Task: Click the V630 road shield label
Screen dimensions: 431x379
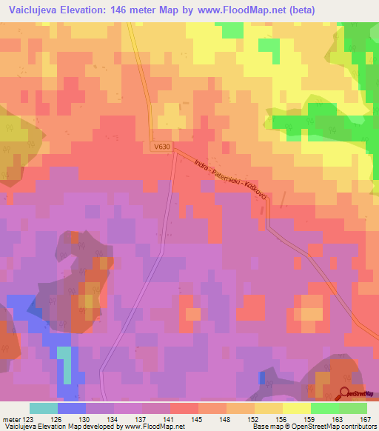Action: (x=163, y=147)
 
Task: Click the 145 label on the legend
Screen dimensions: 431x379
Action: (x=198, y=419)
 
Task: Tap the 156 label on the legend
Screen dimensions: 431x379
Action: (x=282, y=419)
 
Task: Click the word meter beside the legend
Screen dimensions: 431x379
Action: (x=8, y=419)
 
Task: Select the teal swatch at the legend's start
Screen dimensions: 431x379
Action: (x=44, y=409)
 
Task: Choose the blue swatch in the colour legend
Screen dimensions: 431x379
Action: (x=72, y=409)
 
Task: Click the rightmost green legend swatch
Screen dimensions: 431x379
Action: (x=353, y=409)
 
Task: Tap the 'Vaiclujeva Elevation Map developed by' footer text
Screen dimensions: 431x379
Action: (x=51, y=427)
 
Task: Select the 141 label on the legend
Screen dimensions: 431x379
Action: (x=170, y=419)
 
